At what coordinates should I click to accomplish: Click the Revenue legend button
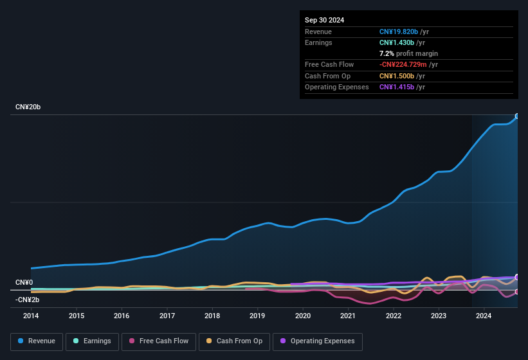[x=37, y=341]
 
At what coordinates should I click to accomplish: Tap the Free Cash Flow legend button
[x=158, y=341]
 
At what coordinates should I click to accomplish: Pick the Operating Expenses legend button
[x=318, y=341]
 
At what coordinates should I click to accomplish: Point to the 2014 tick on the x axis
[x=31, y=316]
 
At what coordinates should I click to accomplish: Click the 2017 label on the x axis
[x=167, y=316]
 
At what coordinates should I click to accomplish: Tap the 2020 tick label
[x=303, y=316]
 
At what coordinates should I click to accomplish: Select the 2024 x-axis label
[x=484, y=316]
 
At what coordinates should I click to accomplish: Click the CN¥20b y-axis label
[x=28, y=107]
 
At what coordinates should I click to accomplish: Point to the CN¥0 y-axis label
[x=24, y=283]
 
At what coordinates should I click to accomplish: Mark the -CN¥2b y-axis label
[x=28, y=300]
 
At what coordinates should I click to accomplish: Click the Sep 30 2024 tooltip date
[x=324, y=20]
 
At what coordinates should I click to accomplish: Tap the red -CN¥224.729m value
[x=404, y=65]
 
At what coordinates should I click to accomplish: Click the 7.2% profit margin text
[x=408, y=53]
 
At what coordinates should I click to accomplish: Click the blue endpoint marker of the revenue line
[x=516, y=116]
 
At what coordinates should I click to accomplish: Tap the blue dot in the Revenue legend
[x=21, y=341]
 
